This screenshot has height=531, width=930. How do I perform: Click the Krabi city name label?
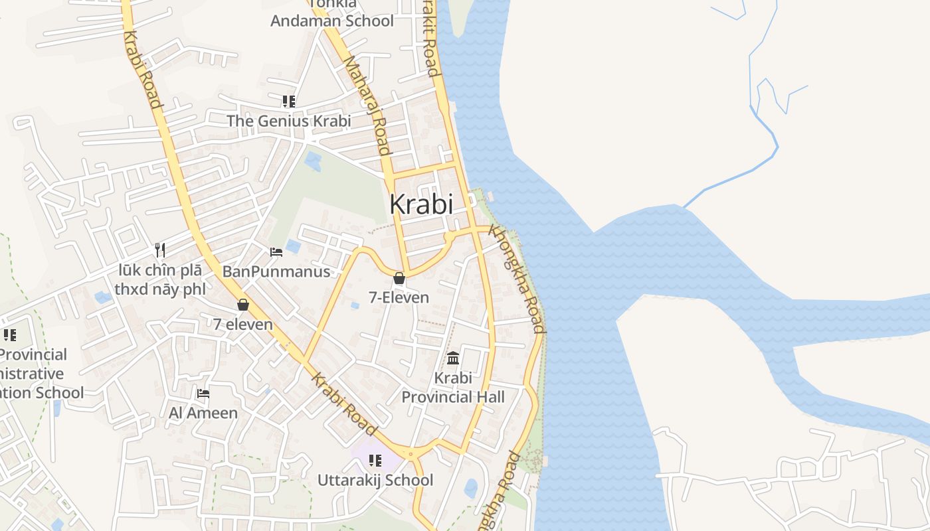click(x=421, y=204)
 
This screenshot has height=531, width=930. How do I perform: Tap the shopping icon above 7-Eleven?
click(x=399, y=278)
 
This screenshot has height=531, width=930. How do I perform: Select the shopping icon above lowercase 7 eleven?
click(x=243, y=305)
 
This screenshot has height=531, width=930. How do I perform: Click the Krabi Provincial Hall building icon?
click(x=453, y=358)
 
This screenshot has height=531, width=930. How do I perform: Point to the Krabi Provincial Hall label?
click(x=453, y=388)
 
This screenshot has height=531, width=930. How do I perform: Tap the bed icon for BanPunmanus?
click(x=276, y=252)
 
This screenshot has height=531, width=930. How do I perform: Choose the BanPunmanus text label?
click(x=276, y=271)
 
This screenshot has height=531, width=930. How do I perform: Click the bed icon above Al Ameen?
click(x=203, y=394)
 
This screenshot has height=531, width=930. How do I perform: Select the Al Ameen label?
click(x=203, y=413)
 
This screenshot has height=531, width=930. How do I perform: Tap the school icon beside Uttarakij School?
click(x=375, y=461)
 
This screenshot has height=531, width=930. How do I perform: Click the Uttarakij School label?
click(x=375, y=480)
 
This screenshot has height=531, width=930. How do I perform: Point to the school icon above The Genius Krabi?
click(x=288, y=102)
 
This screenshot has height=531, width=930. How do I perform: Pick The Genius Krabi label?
click(x=288, y=121)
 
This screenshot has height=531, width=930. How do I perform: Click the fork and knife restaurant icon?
click(x=159, y=250)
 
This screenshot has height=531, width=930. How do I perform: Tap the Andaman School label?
click(x=332, y=21)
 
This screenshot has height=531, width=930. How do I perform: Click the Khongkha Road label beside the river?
click(x=517, y=279)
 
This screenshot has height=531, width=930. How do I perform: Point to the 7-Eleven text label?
click(x=399, y=297)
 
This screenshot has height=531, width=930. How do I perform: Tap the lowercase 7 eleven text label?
click(x=243, y=324)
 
